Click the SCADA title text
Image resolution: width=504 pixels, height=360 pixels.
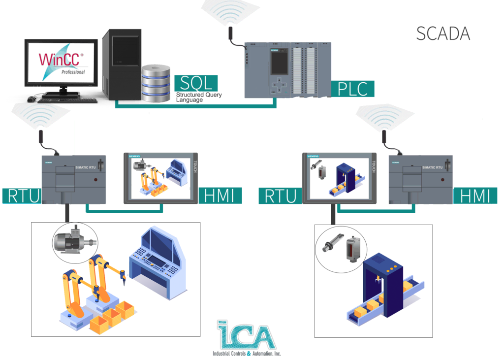click(x=442, y=33)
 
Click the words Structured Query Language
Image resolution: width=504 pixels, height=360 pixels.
click(x=199, y=97)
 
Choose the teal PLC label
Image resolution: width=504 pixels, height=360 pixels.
click(x=352, y=88)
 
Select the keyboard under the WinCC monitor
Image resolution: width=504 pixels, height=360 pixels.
click(x=68, y=100)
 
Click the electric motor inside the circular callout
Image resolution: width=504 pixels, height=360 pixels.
click(x=74, y=241)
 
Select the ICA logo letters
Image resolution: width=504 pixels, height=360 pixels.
click(x=246, y=336)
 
